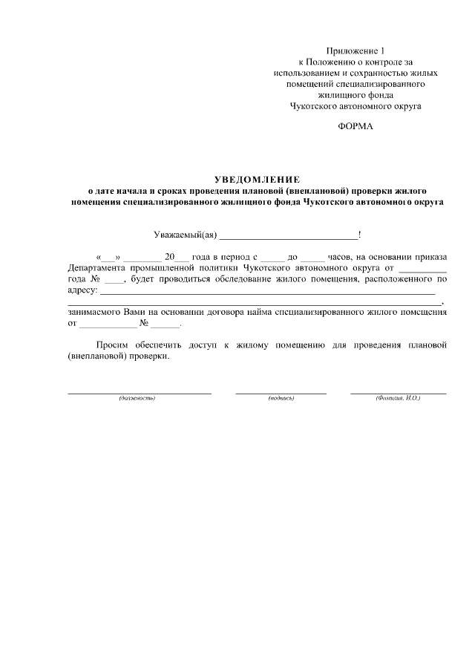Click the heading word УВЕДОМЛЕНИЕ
(256, 179)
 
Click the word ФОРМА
(356, 126)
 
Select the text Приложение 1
(356, 50)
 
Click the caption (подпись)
(281, 399)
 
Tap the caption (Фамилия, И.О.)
(399, 399)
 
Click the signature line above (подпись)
(281, 392)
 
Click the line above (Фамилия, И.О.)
(399, 392)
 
